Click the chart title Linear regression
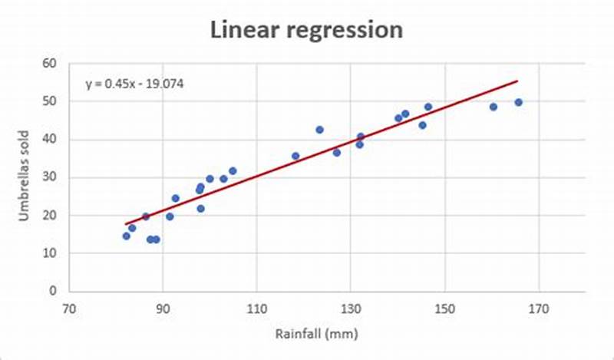tap(307, 30)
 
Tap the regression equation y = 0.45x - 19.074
tap(134, 84)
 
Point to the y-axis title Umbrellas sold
tap(25, 177)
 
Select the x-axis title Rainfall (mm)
tap(315, 334)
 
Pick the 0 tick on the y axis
tap(54, 291)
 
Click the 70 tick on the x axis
tap(68, 309)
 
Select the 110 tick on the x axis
tap(256, 309)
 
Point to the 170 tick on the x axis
tap(539, 309)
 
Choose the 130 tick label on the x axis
tap(351, 309)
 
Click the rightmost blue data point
tap(518, 102)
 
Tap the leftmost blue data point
tap(127, 236)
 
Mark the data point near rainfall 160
tap(494, 107)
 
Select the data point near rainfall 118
tap(295, 156)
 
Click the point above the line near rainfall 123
tap(320, 130)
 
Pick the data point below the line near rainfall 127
tap(336, 153)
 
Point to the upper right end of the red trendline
tap(517, 81)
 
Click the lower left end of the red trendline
tap(126, 224)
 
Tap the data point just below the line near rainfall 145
tap(422, 125)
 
